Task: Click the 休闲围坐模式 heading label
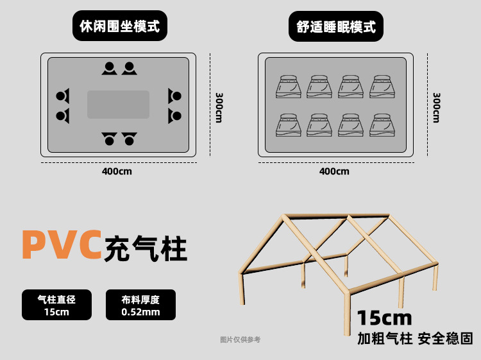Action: [119, 26]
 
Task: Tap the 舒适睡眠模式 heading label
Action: [336, 26]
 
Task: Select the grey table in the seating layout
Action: [118, 104]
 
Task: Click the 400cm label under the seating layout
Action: [117, 171]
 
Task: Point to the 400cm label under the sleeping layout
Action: [334, 171]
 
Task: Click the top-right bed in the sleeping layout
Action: [383, 87]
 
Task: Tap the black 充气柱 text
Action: [146, 248]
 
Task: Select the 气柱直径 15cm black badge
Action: [56, 305]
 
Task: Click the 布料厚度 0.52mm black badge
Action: [140, 305]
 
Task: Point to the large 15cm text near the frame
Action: [384, 318]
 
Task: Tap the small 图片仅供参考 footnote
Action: [240, 339]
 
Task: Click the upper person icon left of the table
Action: [62, 96]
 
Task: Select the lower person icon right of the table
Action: [174, 116]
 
